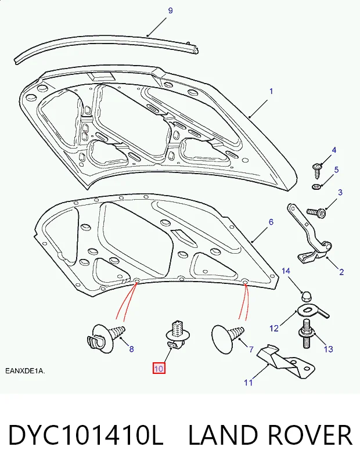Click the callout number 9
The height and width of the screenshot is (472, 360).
pyautogui.click(x=170, y=11)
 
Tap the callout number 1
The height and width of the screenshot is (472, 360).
pyautogui.click(x=271, y=91)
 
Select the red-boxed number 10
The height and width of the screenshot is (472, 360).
pyautogui.click(x=159, y=369)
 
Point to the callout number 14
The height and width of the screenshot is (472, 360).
pyautogui.click(x=286, y=271)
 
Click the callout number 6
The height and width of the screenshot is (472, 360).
pyautogui.click(x=271, y=222)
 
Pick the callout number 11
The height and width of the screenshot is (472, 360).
pyautogui.click(x=248, y=383)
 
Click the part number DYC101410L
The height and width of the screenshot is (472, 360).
pyautogui.click(x=86, y=435)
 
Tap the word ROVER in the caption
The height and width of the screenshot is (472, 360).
pyautogui.click(x=309, y=435)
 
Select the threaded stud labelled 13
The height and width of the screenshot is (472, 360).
pyautogui.click(x=307, y=334)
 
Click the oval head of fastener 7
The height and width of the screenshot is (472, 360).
pyautogui.click(x=222, y=339)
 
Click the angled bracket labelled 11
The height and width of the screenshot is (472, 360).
pyautogui.click(x=286, y=361)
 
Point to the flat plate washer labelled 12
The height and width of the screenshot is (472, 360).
pyautogui.click(x=312, y=311)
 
